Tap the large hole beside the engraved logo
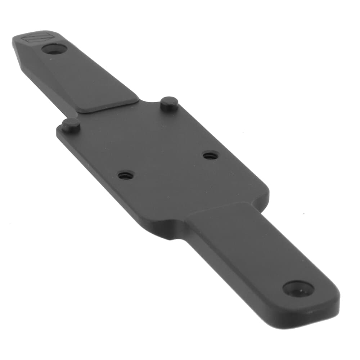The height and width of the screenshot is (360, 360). (x=54, y=49)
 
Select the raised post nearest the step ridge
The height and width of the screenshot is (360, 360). (x=169, y=104)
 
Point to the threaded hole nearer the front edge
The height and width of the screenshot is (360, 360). (x=126, y=175)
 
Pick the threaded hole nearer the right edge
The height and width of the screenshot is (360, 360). (x=211, y=156)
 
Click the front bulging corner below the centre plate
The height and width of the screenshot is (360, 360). (x=169, y=230)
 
